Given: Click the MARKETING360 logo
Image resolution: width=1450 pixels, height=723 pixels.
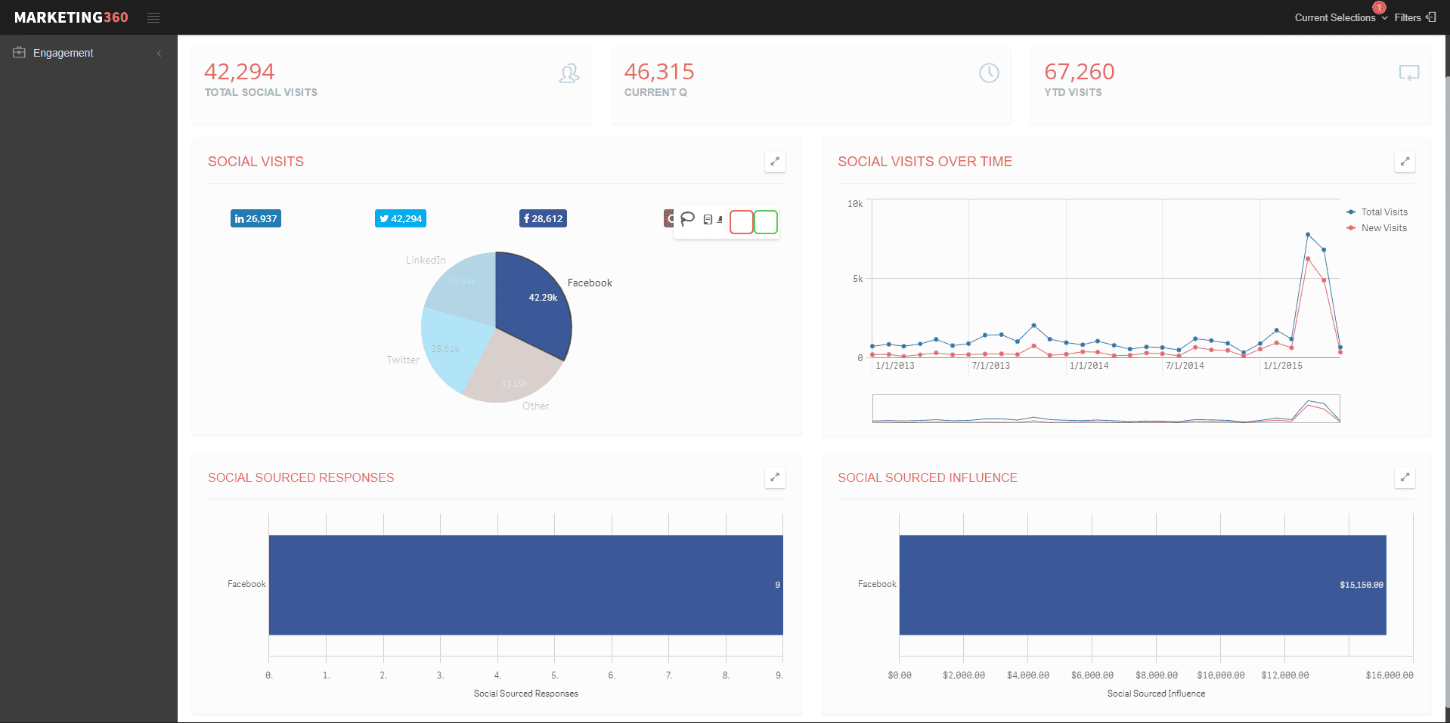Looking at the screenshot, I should coord(71,17).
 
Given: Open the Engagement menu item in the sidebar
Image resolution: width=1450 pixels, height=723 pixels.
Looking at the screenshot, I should coord(63,53).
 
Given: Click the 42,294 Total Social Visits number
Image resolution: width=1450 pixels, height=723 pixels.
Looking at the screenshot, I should coord(239,72).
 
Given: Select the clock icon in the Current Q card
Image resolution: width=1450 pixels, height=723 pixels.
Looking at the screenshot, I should coord(989,73).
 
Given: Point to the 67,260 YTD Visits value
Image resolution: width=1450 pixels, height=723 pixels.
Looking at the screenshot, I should coord(1079,72).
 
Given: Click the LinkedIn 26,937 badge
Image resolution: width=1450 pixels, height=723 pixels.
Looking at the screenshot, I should coord(256,218).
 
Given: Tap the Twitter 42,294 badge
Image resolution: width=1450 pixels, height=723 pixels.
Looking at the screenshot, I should coord(401,218).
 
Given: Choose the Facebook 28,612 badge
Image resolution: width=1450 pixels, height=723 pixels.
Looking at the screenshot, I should coord(543,218).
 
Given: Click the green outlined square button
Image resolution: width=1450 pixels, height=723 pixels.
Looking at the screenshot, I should coord(766,222).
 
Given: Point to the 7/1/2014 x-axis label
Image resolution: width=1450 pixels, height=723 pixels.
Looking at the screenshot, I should coord(1185,366).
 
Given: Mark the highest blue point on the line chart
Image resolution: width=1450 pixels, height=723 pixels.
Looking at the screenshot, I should coord(1308,235).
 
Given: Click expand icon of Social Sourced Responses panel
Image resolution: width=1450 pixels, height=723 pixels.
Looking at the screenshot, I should coord(775,477).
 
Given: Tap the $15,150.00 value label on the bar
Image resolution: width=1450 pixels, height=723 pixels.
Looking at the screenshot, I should coord(1361,585).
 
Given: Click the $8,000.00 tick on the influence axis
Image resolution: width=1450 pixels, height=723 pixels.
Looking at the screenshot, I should coord(1156,675).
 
